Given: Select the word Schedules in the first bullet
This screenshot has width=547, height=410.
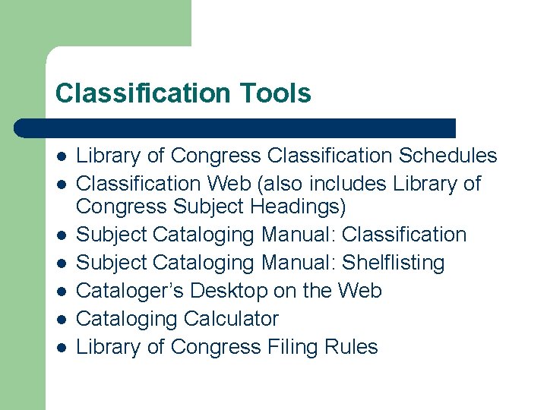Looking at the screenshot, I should point(448,156).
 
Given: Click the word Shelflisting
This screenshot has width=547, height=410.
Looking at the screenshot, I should point(394,263).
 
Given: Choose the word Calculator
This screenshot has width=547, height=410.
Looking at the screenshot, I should point(230,319).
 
